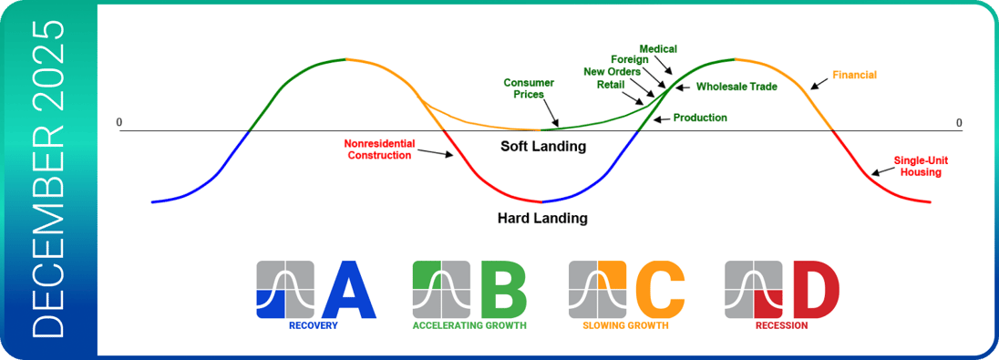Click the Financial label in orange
tap(854, 75)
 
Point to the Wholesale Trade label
tap(736, 87)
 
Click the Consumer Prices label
tap(529, 88)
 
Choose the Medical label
tap(658, 48)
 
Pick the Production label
tap(700, 118)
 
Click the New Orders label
tap(612, 71)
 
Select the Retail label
tap(611, 84)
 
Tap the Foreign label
tap(630, 60)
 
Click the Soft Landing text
tap(542, 147)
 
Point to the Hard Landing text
tap(542, 219)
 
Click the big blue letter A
tap(348, 289)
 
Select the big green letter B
tap(504, 289)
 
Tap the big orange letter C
tap(660, 289)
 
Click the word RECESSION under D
tap(781, 325)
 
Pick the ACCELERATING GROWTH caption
tap(469, 325)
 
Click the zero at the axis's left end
tap(119, 122)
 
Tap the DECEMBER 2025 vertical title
tap(48, 179)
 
